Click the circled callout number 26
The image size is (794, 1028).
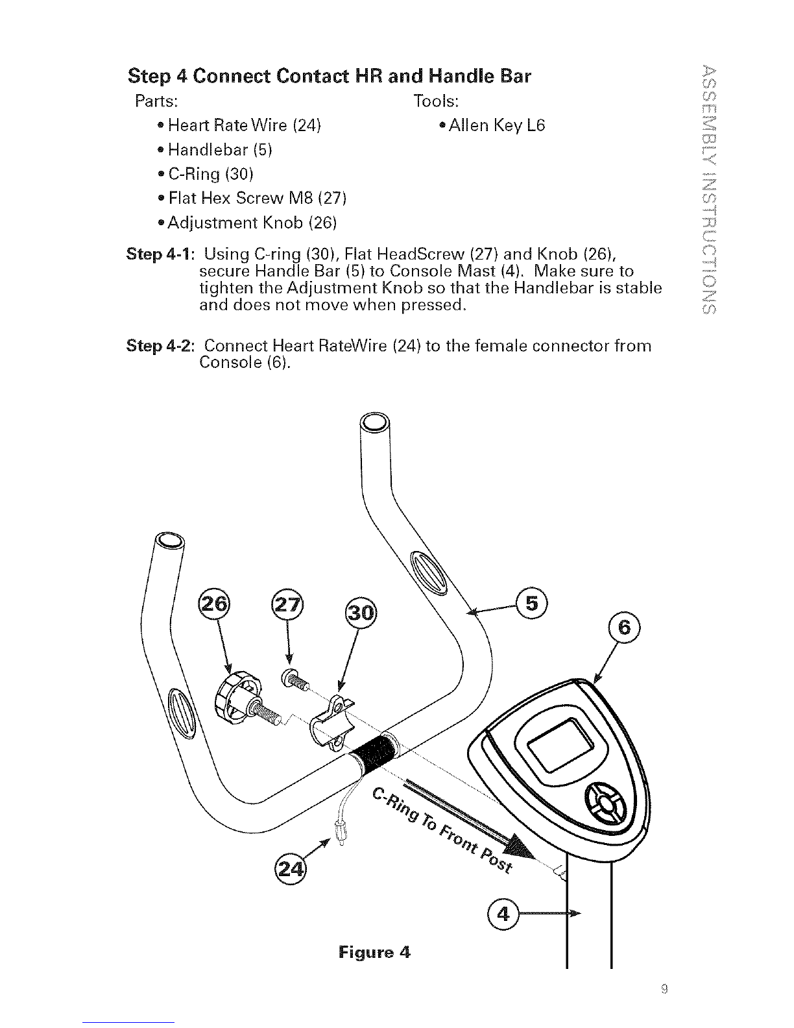213,604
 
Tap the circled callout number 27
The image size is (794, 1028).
287,604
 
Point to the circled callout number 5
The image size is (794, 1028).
531,604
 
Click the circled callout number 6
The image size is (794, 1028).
624,628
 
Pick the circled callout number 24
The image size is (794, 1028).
291,868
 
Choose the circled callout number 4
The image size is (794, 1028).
503,913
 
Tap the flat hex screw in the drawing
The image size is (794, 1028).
295,681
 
